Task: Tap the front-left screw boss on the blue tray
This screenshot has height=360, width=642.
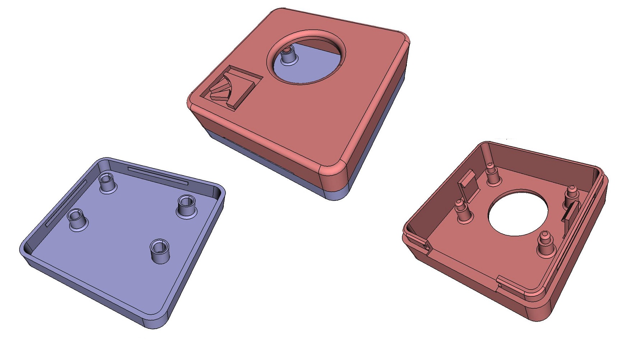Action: click(77, 220)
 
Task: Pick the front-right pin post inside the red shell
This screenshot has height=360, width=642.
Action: click(545, 244)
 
